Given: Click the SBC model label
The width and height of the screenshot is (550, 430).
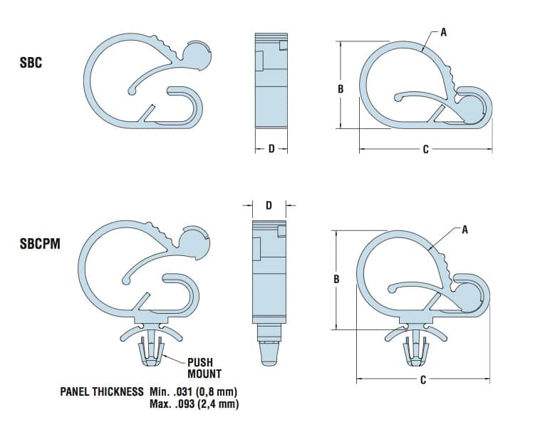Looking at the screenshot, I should click(x=31, y=63).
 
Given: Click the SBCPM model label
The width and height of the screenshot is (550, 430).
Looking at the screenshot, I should click(x=40, y=244).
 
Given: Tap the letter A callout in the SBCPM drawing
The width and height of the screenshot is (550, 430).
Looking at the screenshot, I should click(x=465, y=230).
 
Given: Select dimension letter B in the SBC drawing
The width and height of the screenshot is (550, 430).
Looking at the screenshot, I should click(x=341, y=88).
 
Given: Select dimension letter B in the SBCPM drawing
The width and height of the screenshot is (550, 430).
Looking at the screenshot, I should click(x=336, y=279).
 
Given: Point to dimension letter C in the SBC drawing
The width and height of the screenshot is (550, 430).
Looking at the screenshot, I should click(x=425, y=149).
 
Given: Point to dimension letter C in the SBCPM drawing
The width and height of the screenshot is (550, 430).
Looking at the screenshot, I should click(x=422, y=380).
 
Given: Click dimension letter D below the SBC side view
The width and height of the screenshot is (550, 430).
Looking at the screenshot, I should click(x=271, y=149).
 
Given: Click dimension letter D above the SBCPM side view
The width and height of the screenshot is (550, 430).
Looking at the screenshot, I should click(x=269, y=205).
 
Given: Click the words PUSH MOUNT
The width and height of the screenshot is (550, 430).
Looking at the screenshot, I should click(x=204, y=368).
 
